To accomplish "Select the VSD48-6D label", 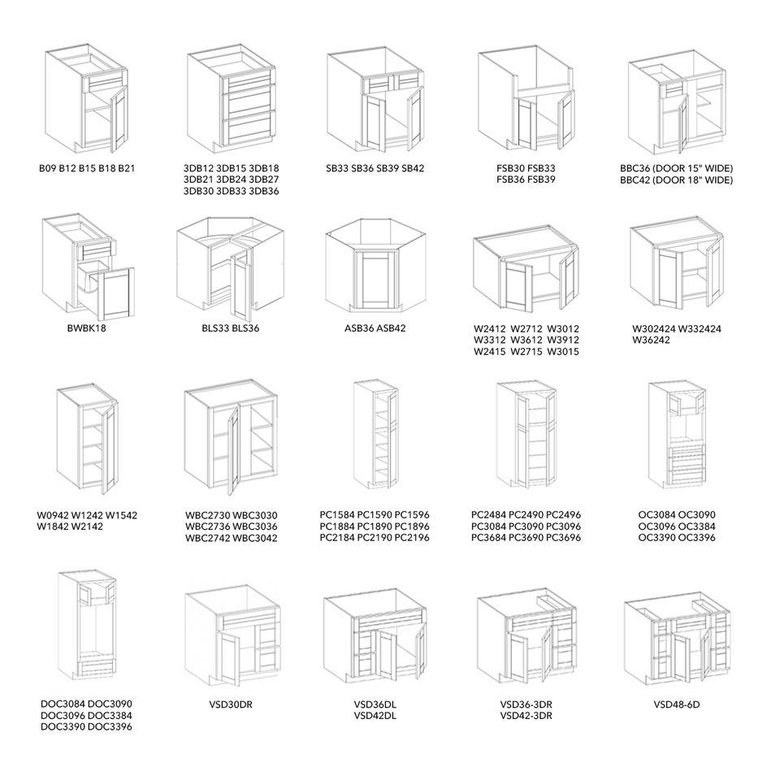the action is click(x=676, y=704).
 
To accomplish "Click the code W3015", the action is click(x=563, y=352).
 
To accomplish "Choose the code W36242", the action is click(x=652, y=340).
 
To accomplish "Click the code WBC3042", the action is click(x=256, y=538).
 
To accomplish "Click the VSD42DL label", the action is click(x=375, y=716).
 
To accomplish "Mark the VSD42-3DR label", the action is click(x=526, y=716).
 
